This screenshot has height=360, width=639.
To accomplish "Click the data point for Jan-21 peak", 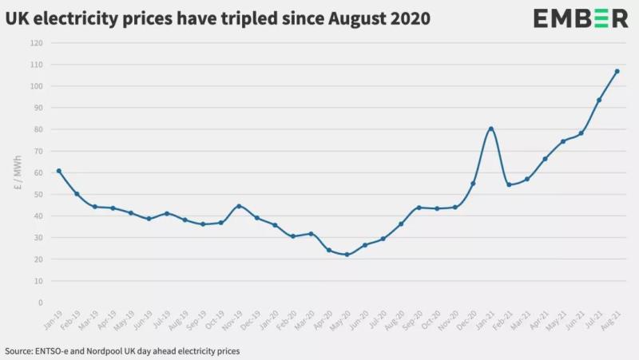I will click(491, 129).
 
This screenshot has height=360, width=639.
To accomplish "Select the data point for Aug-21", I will click(617, 71).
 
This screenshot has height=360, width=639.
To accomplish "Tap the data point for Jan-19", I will click(59, 171).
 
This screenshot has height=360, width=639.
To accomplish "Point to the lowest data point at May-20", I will click(347, 255).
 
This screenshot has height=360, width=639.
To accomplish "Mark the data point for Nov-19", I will click(239, 206).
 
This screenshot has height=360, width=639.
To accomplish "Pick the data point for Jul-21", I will click(599, 100).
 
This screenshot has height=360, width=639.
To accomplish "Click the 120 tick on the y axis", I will click(38, 42).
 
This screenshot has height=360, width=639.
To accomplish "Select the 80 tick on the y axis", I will click(38, 129).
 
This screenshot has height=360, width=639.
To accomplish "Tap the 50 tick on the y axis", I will click(38, 194).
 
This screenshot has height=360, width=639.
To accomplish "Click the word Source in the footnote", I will click(20, 350).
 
